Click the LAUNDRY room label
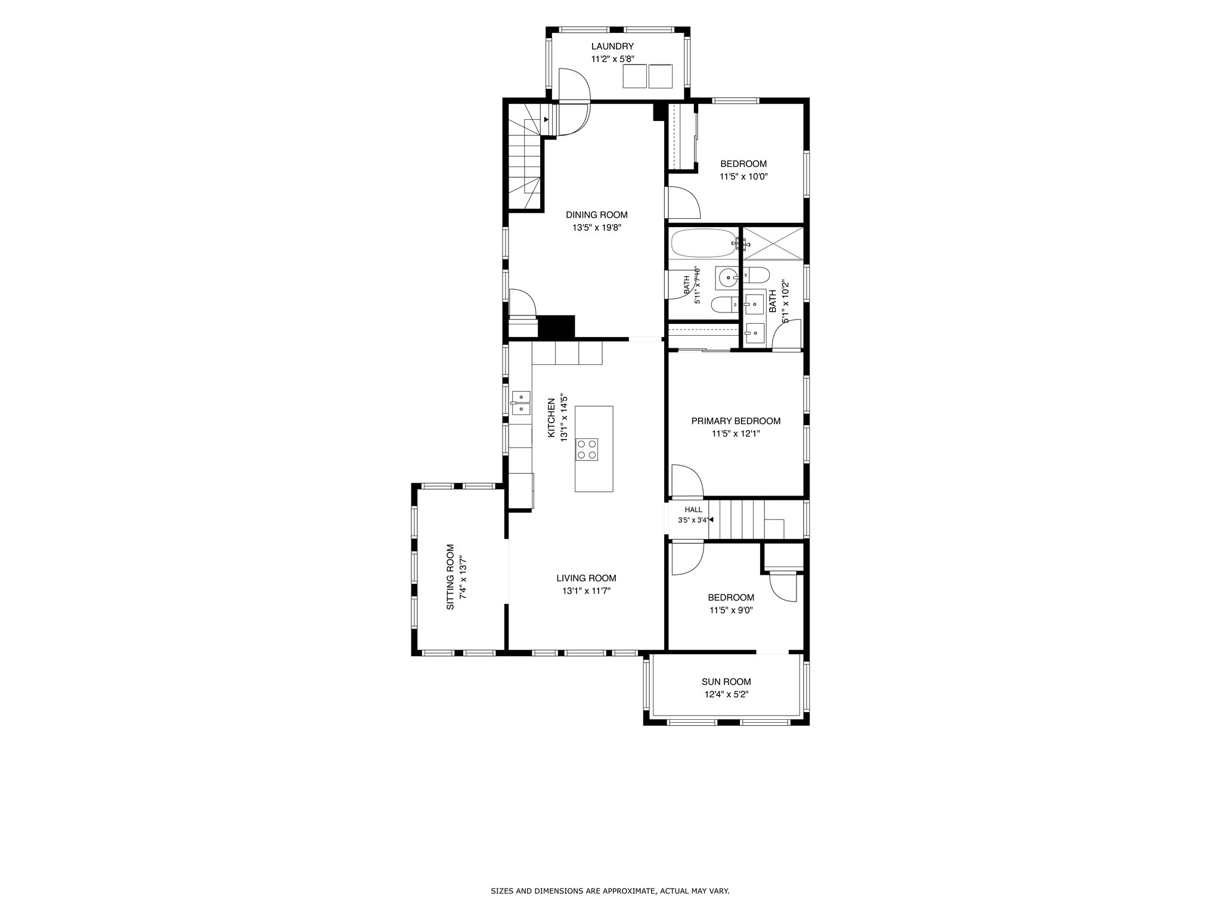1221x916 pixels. (x=612, y=47)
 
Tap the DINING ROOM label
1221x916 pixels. (x=597, y=215)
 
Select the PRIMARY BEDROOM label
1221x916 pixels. (x=736, y=421)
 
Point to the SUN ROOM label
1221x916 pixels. (x=726, y=682)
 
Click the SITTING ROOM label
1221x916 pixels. (x=451, y=577)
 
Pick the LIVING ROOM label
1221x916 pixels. (x=587, y=578)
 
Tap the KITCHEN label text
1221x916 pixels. (x=551, y=417)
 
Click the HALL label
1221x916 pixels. (x=693, y=509)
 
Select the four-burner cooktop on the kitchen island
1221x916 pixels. (x=587, y=449)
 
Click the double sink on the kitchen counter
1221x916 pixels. (x=521, y=403)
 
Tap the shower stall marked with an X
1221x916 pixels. (x=773, y=243)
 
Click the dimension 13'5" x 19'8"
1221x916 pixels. (x=597, y=227)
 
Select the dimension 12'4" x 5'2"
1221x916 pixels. (x=726, y=694)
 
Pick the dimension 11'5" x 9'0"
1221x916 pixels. (x=731, y=610)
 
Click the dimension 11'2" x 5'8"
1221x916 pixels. (x=612, y=59)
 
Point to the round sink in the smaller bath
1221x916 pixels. (x=727, y=277)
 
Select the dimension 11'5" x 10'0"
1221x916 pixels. (x=743, y=177)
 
